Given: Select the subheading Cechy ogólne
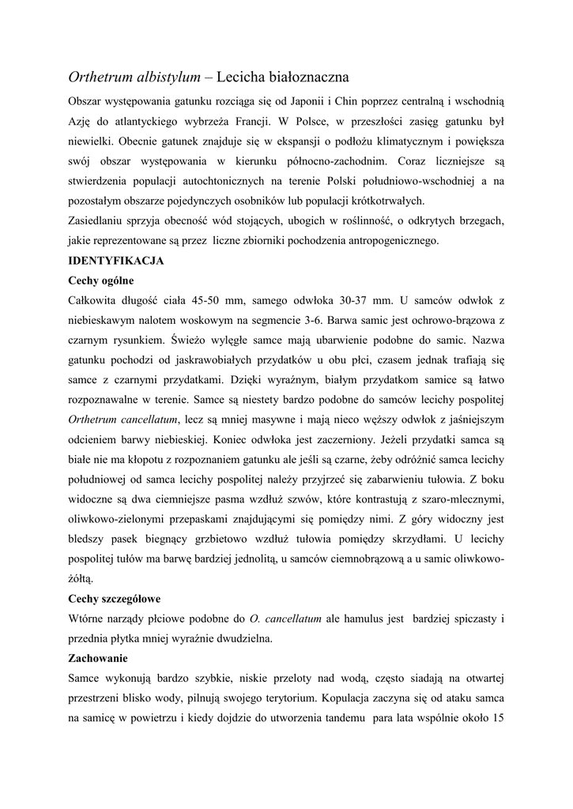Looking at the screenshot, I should pyautogui.click(x=101, y=280).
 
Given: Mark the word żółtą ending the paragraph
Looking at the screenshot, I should pyautogui.click(x=80, y=578).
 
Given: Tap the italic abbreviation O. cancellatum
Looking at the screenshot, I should pyautogui.click(x=285, y=619).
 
